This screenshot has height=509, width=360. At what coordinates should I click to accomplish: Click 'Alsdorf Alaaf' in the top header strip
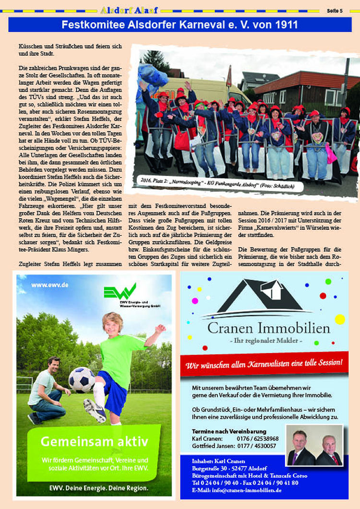click(x=130, y=10)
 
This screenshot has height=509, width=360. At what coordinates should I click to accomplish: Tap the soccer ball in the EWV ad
click(x=82, y=379)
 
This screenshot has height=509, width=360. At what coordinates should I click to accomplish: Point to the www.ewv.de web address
click(x=50, y=285)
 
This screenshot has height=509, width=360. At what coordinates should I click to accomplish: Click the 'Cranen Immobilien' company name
click(x=269, y=329)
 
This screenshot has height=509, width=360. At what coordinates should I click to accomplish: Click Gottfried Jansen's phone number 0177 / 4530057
click(x=256, y=446)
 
